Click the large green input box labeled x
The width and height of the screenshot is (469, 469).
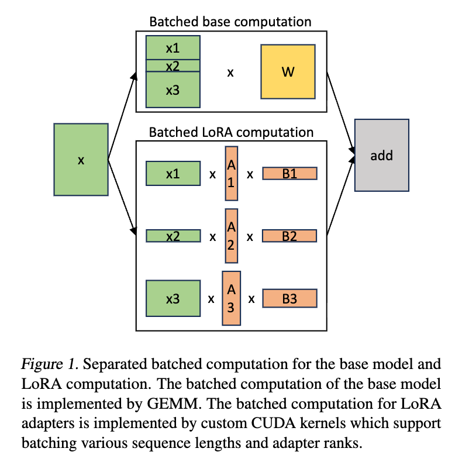click(81, 159)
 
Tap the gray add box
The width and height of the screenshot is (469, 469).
click(381, 155)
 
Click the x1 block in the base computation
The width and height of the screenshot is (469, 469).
click(173, 47)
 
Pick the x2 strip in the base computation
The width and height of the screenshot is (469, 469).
click(173, 65)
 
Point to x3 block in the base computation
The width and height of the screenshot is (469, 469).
click(173, 89)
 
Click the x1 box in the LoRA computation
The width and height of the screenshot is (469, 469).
click(173, 173)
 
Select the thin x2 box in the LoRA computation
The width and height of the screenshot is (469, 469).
click(173, 236)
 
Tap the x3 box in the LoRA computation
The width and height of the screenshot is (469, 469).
click(173, 299)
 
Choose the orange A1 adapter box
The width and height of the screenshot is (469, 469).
click(231, 174)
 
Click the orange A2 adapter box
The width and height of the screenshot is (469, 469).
click(231, 236)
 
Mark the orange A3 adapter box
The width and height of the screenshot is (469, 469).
click(231, 298)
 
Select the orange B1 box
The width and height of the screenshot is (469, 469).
click(289, 173)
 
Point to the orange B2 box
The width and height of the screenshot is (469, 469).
click(289, 236)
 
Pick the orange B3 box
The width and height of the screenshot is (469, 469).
click(289, 298)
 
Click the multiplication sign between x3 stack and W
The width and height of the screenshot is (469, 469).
click(230, 73)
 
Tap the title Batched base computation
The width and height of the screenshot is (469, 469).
click(230, 22)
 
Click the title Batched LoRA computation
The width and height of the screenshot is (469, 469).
click(231, 132)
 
